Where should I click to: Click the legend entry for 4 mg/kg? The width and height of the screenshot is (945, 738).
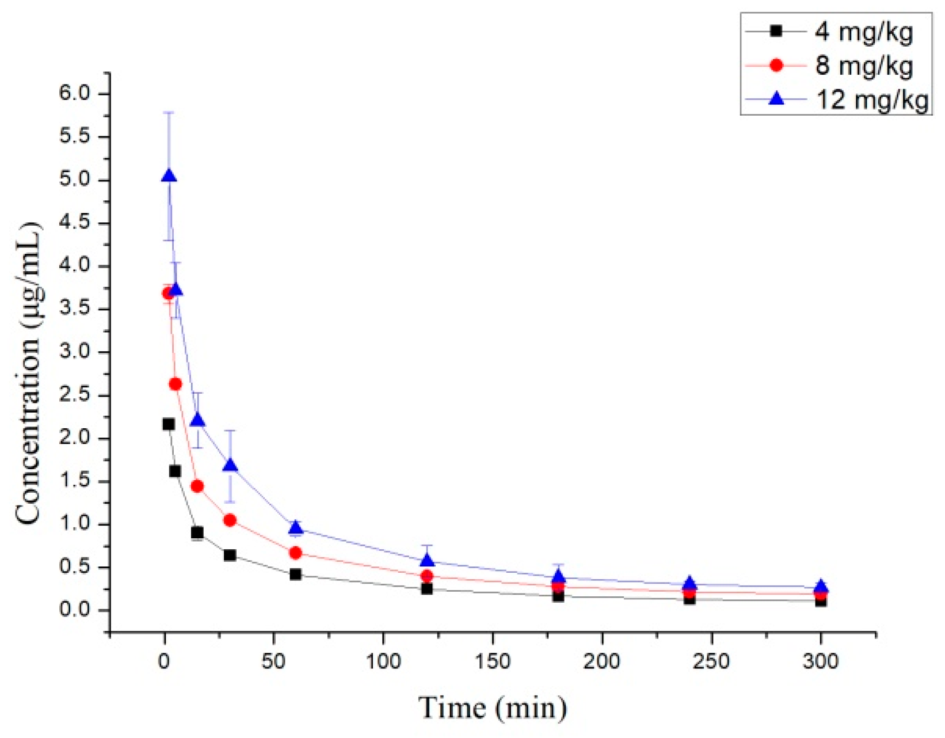pos(863,31)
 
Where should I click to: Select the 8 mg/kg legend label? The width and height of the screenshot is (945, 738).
pos(863,65)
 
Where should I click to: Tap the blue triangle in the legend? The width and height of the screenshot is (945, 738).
pos(776,98)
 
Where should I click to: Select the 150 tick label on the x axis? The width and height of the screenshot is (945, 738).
pos(493,661)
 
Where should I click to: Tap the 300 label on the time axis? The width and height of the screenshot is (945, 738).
pos(821,661)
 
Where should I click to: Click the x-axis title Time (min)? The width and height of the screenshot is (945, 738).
pos(493,707)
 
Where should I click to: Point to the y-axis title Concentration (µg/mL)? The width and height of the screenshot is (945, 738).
pos(29,374)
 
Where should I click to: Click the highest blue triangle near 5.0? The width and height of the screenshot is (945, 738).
pos(169,176)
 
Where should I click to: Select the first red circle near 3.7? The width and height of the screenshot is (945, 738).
pos(168,294)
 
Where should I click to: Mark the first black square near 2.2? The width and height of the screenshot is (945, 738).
pos(169,424)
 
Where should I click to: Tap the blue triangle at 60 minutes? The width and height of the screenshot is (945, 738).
pos(296,527)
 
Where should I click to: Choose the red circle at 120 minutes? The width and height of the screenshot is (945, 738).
pos(426,576)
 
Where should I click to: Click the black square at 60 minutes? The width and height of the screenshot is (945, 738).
pos(296,574)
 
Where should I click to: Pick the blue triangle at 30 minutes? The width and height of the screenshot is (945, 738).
pos(230,465)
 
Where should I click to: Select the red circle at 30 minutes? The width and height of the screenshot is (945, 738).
pos(230,520)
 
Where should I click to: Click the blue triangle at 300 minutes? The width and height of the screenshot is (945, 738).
pos(821,587)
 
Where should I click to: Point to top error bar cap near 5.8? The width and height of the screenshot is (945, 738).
pos(169,112)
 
